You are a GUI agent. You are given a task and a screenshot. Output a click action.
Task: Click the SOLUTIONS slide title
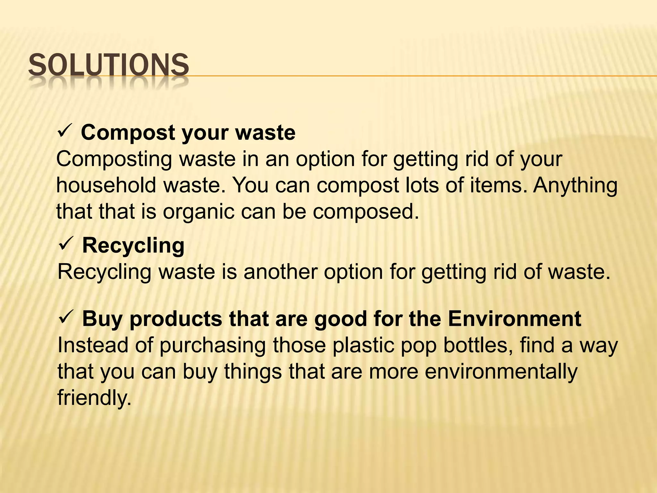(108, 65)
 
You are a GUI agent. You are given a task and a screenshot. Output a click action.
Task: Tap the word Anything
(576, 186)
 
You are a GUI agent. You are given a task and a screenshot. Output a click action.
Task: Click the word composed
(366, 212)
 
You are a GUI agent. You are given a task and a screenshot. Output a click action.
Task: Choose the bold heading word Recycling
(133, 246)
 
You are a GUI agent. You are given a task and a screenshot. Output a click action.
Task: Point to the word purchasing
(212, 346)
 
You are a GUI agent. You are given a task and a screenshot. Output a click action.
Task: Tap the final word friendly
(94, 398)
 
